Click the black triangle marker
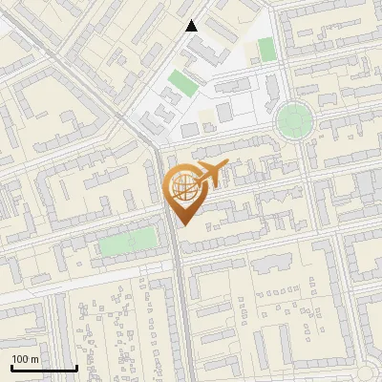[193, 26]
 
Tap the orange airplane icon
[208, 176]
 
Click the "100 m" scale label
[25, 358]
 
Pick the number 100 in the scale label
[21, 358]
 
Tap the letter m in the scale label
[35, 358]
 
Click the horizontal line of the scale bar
[44, 369]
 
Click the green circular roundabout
[293, 121]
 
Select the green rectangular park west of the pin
[128, 242]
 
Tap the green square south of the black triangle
[182, 82]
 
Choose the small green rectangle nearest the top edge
[265, 49]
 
